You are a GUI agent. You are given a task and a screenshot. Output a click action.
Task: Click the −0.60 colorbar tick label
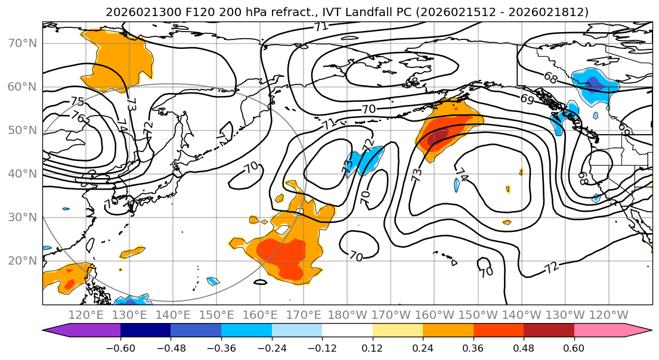(x=120, y=347)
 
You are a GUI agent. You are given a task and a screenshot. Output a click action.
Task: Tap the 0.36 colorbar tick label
(x=473, y=347)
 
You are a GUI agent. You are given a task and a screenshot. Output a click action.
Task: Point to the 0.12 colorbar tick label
(x=372, y=347)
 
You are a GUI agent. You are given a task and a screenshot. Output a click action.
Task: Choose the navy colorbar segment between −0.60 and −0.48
(x=146, y=331)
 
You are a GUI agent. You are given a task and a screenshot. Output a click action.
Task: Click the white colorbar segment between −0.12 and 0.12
(x=347, y=331)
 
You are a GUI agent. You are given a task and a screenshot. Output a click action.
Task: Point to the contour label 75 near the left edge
(x=77, y=102)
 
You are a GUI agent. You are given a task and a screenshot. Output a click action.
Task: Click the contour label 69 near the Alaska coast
(x=527, y=100)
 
